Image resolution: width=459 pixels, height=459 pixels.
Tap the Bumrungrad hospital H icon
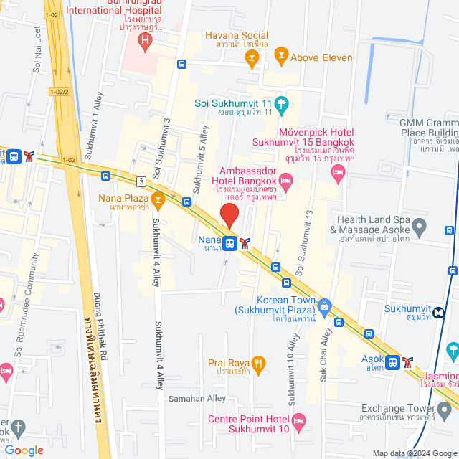click(146, 42)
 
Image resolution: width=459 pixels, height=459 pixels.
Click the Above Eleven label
click(321, 57)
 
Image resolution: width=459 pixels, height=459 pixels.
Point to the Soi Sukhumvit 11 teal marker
click(282, 104)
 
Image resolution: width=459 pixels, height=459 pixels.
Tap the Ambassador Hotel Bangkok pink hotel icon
click(286, 179)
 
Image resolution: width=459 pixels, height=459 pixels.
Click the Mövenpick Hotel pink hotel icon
click(339, 170)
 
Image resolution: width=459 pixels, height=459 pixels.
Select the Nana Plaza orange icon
click(158, 199)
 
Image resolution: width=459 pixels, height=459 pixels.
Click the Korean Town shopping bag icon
click(324, 306)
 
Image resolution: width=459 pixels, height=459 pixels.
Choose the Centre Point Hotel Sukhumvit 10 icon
click(299, 420)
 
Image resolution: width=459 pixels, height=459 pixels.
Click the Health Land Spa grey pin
click(420, 228)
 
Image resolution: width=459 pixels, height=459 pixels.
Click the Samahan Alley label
click(197, 398)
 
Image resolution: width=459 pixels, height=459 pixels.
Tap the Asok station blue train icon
click(392, 362)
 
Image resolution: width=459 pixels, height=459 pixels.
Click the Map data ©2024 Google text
click(414, 453)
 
